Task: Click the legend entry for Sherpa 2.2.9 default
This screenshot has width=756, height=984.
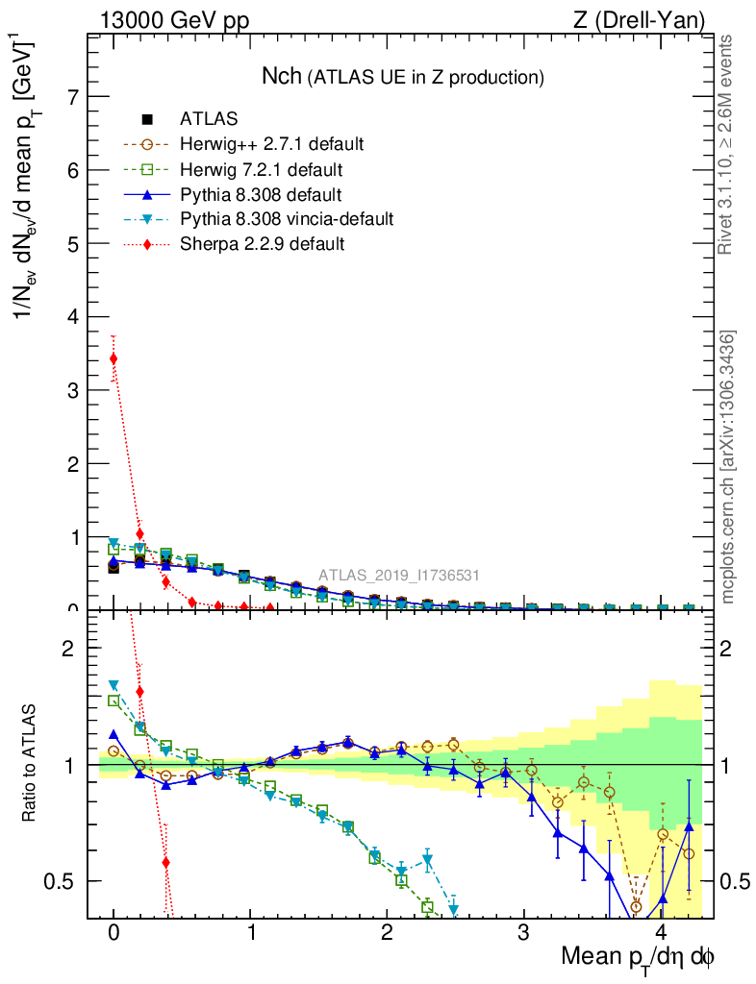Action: (x=262, y=244)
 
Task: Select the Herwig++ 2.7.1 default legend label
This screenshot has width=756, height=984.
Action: (x=271, y=144)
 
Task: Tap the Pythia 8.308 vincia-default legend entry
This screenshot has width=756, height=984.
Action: (x=287, y=219)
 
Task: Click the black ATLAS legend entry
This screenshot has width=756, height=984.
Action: (x=209, y=119)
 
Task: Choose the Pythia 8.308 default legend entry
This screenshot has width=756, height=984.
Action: (x=261, y=194)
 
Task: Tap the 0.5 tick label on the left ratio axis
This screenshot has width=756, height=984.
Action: (x=60, y=881)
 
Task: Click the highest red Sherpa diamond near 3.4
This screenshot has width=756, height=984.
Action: (x=113, y=358)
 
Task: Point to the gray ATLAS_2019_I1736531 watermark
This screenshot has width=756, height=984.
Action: (x=399, y=576)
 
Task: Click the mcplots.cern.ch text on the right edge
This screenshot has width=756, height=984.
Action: (x=728, y=467)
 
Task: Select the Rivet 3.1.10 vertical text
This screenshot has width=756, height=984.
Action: (x=728, y=145)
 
